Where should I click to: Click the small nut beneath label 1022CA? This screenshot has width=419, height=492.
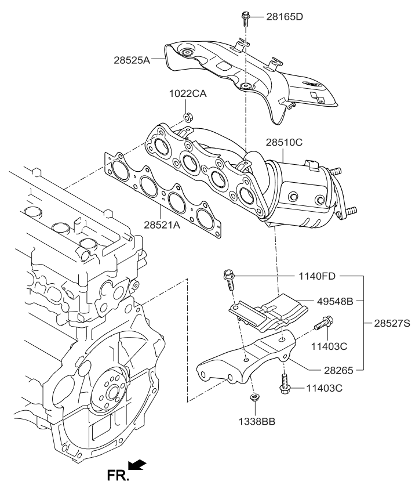pos(188,119)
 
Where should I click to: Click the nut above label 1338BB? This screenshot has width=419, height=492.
pos(253,397)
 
